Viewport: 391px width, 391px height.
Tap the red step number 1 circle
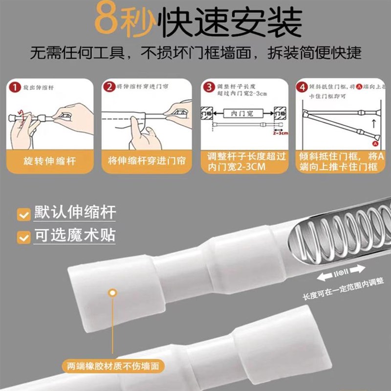click(16, 87)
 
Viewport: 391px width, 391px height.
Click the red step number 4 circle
click(302, 87)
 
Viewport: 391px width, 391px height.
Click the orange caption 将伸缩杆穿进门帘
click(146, 161)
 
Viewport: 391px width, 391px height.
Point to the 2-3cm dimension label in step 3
click(280, 132)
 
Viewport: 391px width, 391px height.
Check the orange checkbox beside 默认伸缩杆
click(22, 214)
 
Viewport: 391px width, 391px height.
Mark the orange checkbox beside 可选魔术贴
click(22, 238)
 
